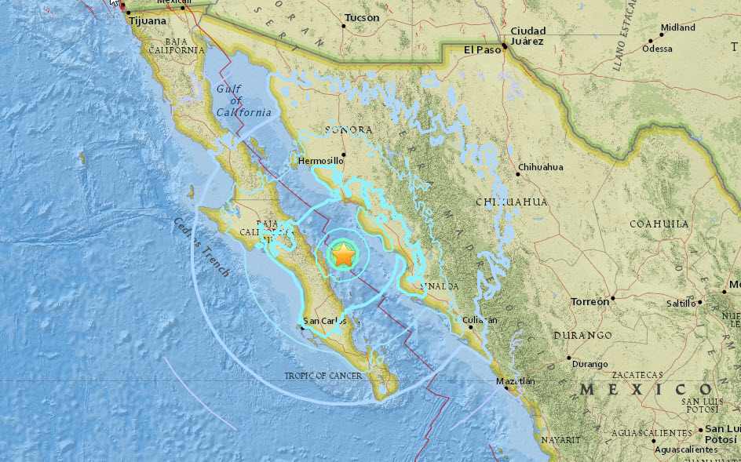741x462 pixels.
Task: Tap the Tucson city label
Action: click(361, 17)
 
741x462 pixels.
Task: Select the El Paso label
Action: click(481, 49)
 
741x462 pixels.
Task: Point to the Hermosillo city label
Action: click(320, 161)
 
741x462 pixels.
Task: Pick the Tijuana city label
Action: click(147, 21)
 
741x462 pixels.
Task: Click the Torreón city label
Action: click(590, 301)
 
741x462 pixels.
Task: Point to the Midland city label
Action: click(677, 27)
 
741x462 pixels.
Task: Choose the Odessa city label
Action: click(657, 49)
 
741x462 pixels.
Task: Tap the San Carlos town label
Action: click(324, 321)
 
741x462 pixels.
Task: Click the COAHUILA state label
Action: click(659, 224)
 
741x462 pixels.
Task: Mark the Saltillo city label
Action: click(681, 303)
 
